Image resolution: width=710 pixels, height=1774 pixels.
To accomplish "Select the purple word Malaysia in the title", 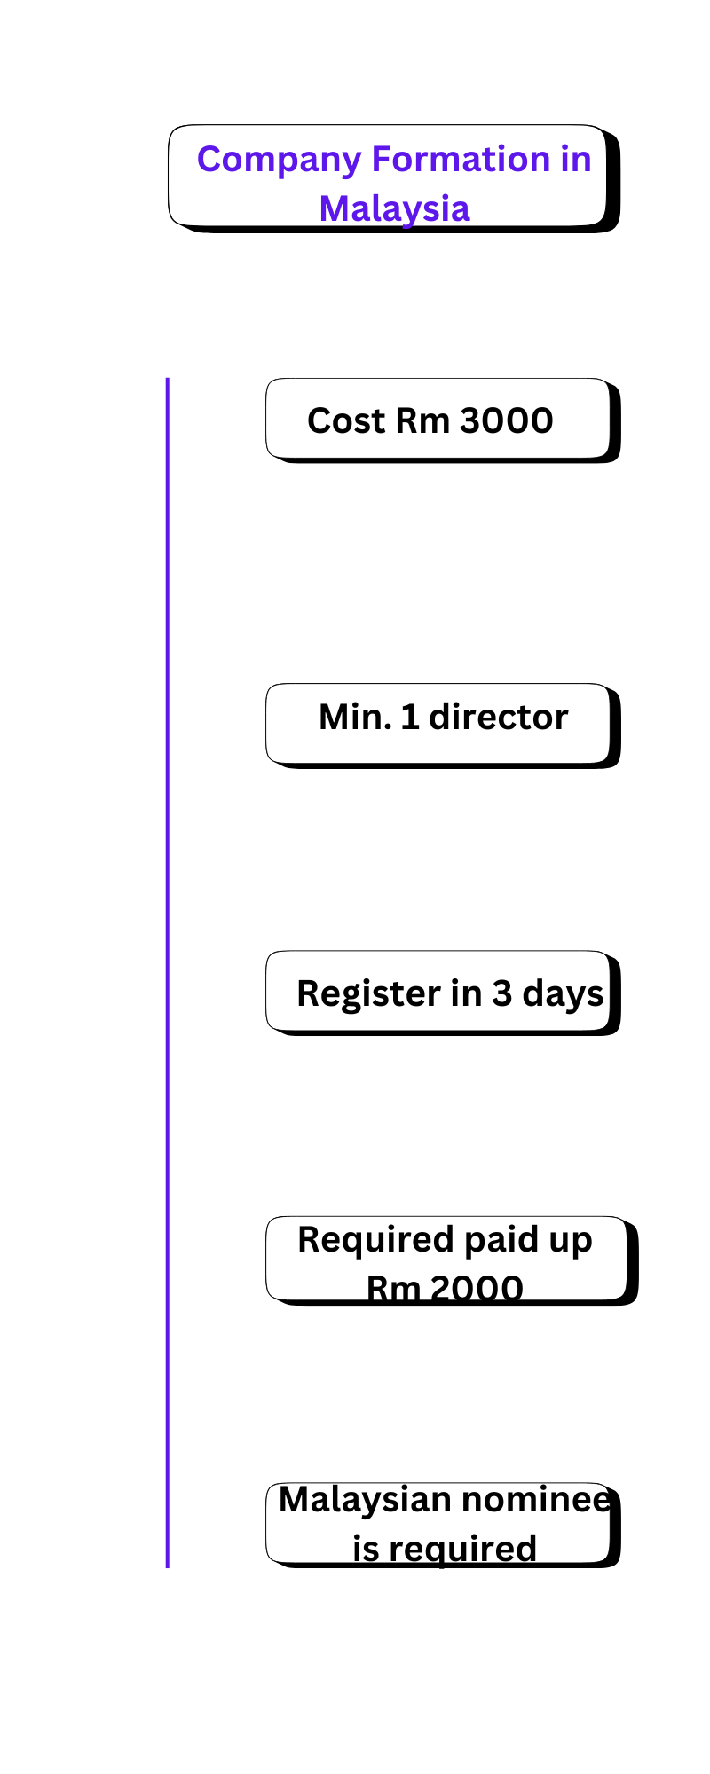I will click(x=394, y=209).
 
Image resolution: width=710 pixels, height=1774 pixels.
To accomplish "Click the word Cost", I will click(x=345, y=420).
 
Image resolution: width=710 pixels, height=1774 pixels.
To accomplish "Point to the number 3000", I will click(x=507, y=420).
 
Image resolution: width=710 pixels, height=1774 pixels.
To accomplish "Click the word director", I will click(x=498, y=717).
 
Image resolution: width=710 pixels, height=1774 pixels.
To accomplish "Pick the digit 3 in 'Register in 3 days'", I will click(x=502, y=994).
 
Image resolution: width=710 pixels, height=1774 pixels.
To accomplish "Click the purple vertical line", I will click(x=167, y=976).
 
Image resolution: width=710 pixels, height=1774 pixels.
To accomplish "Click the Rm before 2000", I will click(x=393, y=1289).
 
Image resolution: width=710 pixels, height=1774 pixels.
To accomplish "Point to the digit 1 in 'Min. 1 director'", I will click(x=410, y=717).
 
